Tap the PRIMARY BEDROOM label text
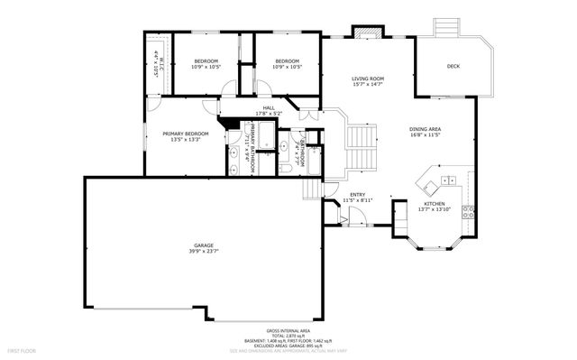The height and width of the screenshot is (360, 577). tap(186, 134)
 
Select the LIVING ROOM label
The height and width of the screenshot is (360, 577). tap(368, 79)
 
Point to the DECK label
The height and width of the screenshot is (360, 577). tap(453, 67)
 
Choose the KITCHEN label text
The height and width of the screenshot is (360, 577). tap(435, 204)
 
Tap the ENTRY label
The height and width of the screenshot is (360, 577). tap(358, 195)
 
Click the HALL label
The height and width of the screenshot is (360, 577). tap(269, 109)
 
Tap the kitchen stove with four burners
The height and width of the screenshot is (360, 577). tap(469, 213)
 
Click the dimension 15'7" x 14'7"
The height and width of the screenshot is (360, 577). tap(368, 86)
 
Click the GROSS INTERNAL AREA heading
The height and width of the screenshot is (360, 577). tap(288, 331)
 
